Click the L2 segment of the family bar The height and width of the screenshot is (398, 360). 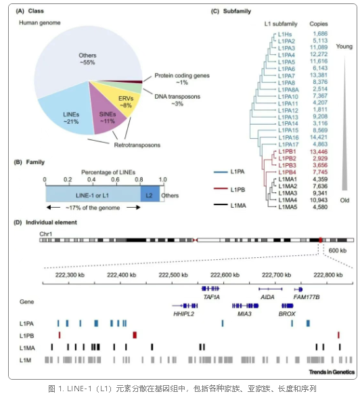click(x=150, y=196)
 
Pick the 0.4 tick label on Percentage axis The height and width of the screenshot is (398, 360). click(x=91, y=180)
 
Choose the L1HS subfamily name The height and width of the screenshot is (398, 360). click(x=285, y=35)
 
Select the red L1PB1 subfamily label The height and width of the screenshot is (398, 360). click(x=287, y=152)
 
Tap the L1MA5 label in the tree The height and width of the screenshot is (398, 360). click(x=288, y=207)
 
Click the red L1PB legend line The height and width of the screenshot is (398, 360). click(x=221, y=189)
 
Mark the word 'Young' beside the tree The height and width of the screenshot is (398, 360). click(x=344, y=47)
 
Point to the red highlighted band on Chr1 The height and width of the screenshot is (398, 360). click(x=321, y=240)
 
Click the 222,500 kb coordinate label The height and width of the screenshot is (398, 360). click(x=173, y=275)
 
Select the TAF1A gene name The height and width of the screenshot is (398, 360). click(x=212, y=297)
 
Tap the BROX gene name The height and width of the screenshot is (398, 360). click(x=287, y=314)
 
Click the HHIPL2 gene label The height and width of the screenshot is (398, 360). click(x=183, y=314)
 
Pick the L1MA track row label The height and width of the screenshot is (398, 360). click(x=27, y=348)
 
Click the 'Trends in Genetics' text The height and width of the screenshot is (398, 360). click(x=332, y=372)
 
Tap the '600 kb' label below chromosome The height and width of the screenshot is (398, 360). click(x=338, y=250)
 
